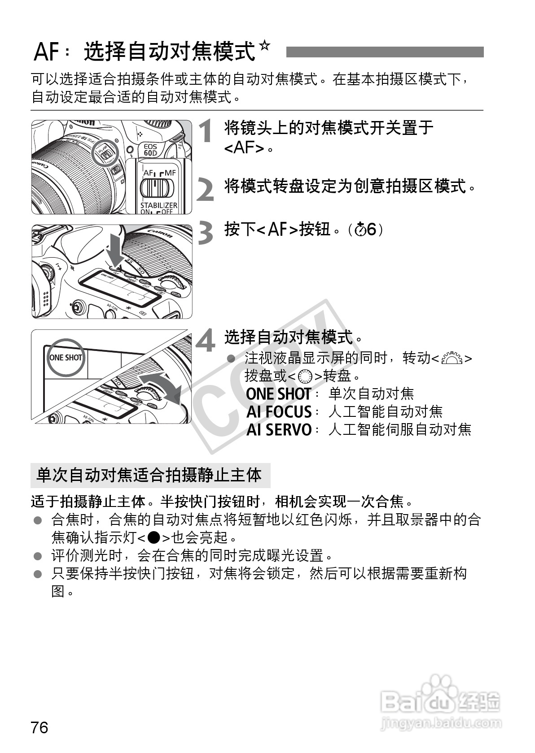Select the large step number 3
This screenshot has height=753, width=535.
point(206,234)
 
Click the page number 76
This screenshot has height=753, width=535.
point(39,727)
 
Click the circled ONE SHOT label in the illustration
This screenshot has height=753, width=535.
point(66,357)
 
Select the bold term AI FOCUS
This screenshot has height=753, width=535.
point(279,411)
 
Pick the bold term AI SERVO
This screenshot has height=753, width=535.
point(279,429)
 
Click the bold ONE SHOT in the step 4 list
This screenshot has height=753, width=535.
point(278,394)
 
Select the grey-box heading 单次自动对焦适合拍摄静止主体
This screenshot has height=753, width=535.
point(149,475)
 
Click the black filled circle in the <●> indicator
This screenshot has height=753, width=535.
point(153,537)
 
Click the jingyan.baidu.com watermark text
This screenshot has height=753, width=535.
point(440,723)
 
